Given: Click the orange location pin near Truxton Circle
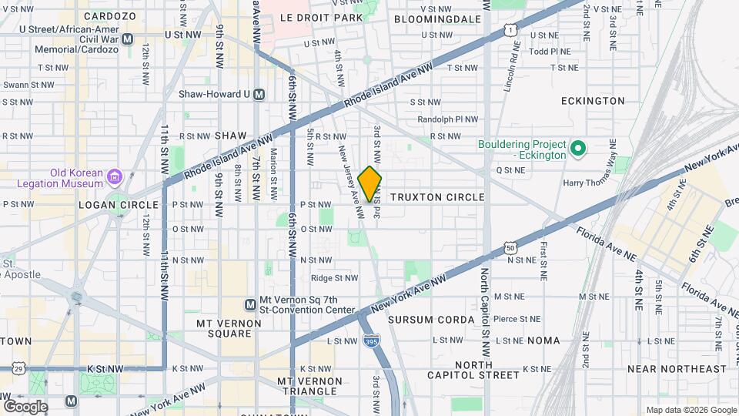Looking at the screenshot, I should (x=370, y=183).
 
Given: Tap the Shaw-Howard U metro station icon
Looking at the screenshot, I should (x=259, y=94).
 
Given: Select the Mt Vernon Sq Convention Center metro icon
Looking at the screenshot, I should (x=250, y=305).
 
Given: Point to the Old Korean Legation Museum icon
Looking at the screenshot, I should (x=115, y=178).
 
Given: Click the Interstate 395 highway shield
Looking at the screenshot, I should (x=372, y=341).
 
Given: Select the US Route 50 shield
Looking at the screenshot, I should (x=510, y=247).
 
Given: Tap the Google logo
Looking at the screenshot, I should (x=25, y=406).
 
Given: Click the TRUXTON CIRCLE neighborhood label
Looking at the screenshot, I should (x=437, y=197).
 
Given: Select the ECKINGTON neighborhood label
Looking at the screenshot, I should (x=593, y=101).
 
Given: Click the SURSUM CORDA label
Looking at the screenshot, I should (x=431, y=319).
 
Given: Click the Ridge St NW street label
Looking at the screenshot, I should (x=334, y=278).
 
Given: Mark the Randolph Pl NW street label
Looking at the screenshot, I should (x=447, y=119).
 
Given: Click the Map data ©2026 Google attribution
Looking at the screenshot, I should (x=691, y=410).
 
